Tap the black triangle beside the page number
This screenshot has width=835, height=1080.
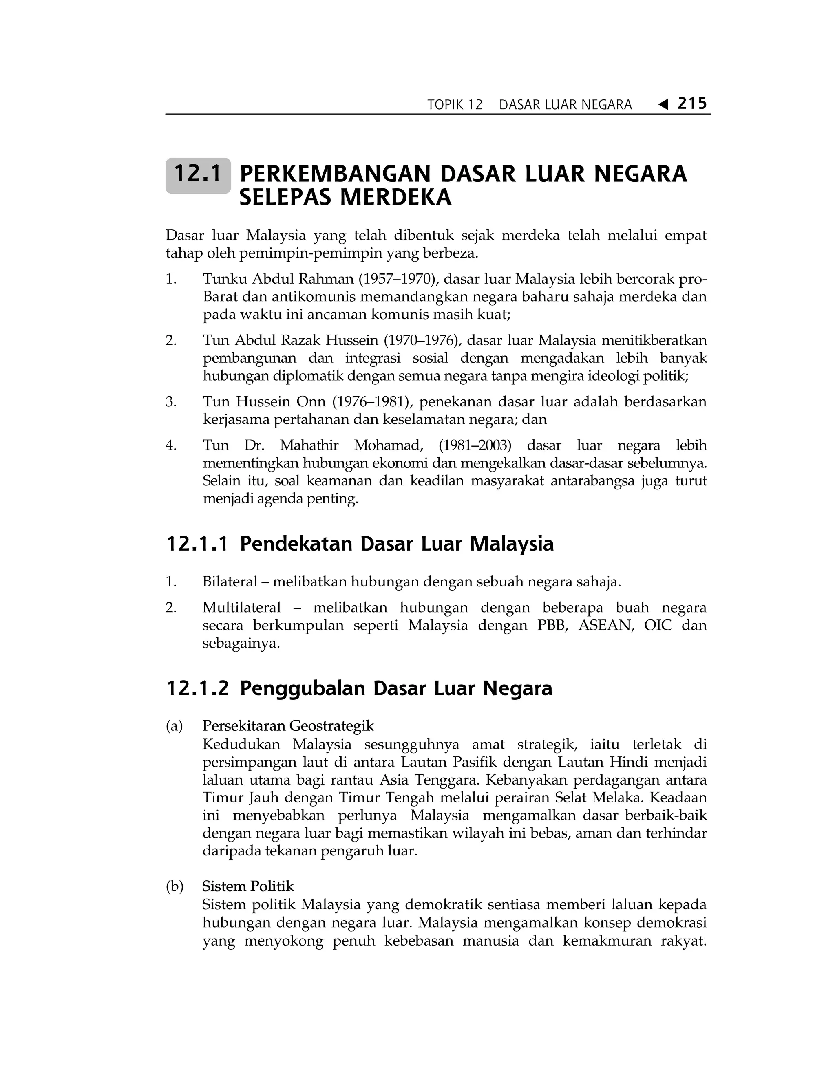point(663,105)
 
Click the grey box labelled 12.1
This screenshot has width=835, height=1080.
point(198,175)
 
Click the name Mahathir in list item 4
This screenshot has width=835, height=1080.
point(309,445)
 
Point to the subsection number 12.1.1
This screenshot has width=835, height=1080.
point(197,544)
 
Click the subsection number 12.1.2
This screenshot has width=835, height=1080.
point(197,689)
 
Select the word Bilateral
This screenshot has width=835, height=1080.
point(230,582)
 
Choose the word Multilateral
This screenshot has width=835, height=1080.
point(241,608)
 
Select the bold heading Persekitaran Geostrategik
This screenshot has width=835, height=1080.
point(288,726)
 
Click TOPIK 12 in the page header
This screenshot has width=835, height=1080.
point(455,105)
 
